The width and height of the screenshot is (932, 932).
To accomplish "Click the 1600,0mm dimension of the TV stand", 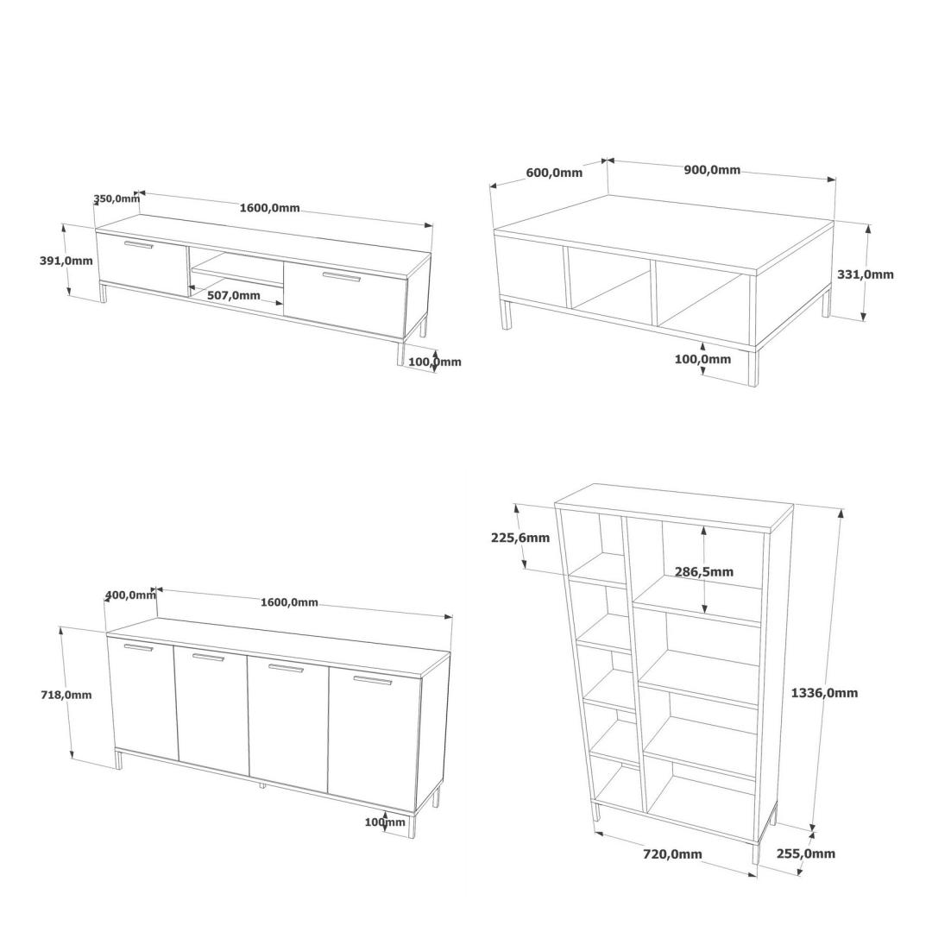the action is pyautogui.click(x=269, y=208).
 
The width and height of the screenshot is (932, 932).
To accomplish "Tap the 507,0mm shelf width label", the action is pyautogui.click(x=234, y=295).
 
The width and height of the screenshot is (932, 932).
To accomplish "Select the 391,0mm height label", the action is pyautogui.click(x=66, y=261).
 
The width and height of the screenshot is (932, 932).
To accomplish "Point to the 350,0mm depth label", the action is pyautogui.click(x=116, y=198).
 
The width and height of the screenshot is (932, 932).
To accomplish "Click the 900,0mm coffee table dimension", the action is pyautogui.click(x=712, y=170).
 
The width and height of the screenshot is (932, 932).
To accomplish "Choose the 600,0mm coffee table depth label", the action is pyautogui.click(x=554, y=173).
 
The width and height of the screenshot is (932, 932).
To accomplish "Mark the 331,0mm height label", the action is pyautogui.click(x=866, y=274).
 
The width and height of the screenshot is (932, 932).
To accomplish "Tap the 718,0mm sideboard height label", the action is pyautogui.click(x=66, y=694).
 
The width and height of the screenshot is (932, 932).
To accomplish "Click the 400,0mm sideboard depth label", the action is pyautogui.click(x=130, y=595).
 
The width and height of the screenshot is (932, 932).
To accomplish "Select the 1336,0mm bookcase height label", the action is pyautogui.click(x=824, y=692).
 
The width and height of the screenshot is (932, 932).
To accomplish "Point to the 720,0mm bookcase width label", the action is pyautogui.click(x=672, y=854).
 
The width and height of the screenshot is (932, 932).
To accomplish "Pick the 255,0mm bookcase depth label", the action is pyautogui.click(x=806, y=853).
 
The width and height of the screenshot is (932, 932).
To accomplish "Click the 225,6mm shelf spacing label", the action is pyautogui.click(x=520, y=538).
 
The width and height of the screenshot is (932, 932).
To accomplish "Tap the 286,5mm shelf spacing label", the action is pyautogui.click(x=704, y=572).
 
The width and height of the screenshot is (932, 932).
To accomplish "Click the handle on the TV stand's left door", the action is pyautogui.click(x=138, y=245).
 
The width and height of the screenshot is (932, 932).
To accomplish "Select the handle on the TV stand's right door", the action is pyautogui.click(x=342, y=276).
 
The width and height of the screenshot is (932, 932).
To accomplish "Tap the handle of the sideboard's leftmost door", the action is pyautogui.click(x=138, y=647).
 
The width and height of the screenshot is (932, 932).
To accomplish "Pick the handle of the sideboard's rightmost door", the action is pyautogui.click(x=372, y=681).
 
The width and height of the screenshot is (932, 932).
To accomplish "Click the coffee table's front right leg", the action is pyautogui.click(x=753, y=367).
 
